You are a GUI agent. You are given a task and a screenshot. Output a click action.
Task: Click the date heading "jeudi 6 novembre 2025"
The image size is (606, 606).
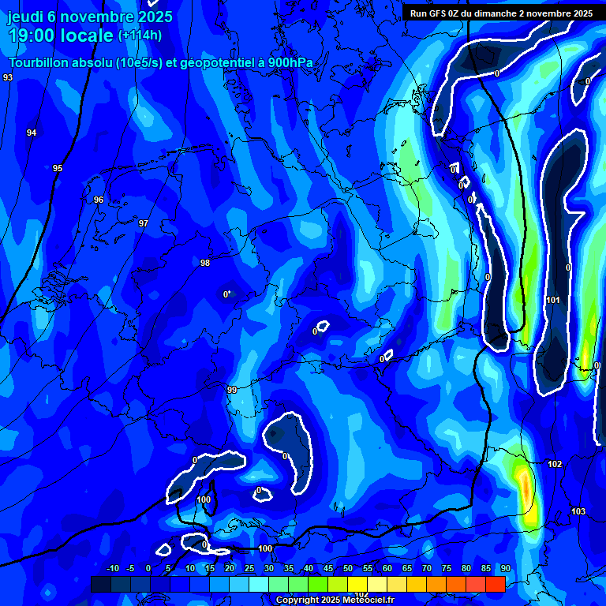tap(88, 17)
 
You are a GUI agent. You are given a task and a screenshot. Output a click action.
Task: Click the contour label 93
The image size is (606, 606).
tap(8, 77)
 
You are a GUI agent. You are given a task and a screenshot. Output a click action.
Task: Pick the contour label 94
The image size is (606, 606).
tap(32, 133)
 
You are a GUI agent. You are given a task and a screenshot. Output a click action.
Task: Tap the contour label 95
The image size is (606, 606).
tap(58, 168)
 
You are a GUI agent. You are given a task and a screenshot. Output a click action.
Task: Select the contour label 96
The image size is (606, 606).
tap(99, 200)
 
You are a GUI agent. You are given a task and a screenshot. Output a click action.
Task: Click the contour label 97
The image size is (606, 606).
tap(144, 223)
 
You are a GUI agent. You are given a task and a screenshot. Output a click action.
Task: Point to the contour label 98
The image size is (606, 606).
tap(205, 263)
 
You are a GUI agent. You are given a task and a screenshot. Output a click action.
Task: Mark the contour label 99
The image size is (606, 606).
tap(232, 390)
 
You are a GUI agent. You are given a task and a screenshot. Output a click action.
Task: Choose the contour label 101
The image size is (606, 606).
tap(553, 300)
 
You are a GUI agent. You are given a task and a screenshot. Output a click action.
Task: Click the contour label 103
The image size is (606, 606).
tap(578, 511)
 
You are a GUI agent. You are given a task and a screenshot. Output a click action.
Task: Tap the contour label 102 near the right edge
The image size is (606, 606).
tap(555, 464)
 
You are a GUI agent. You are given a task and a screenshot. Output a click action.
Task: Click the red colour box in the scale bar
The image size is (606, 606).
tap(495, 584)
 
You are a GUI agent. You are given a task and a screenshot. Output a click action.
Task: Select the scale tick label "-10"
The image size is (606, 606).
tap(112, 568)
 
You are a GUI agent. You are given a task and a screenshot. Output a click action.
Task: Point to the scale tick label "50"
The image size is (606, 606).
tap(348, 568)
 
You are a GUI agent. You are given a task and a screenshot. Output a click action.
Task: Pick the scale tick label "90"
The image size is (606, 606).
tap(505, 568)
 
